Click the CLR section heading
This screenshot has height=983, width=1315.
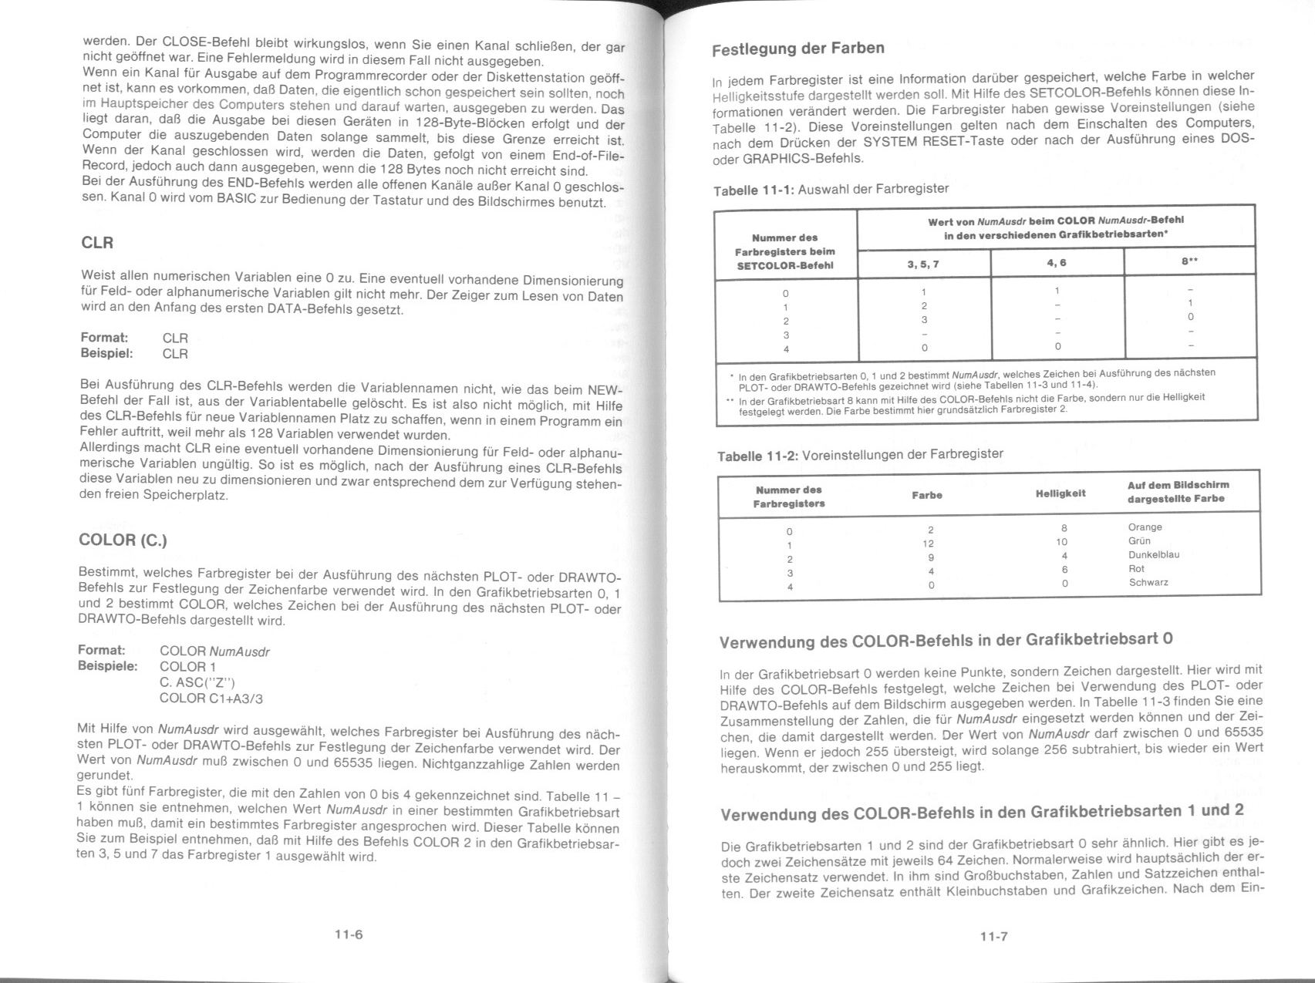click(x=97, y=243)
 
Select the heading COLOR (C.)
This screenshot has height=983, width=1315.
click(x=123, y=540)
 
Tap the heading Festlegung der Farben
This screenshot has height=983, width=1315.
click(x=797, y=49)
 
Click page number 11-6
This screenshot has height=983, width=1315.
click(x=349, y=934)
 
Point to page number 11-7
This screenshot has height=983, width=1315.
click(x=994, y=937)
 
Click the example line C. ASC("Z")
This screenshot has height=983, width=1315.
click(x=197, y=682)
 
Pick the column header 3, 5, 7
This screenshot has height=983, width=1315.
click(x=923, y=264)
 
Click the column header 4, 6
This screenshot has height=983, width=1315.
click(x=1057, y=263)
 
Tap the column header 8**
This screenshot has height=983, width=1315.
click(x=1189, y=262)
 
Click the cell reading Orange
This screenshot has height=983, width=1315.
click(x=1145, y=527)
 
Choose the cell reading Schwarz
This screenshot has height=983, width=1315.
click(x=1148, y=583)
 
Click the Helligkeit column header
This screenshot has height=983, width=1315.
click(x=1060, y=493)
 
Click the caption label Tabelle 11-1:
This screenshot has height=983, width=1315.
click(x=754, y=190)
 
